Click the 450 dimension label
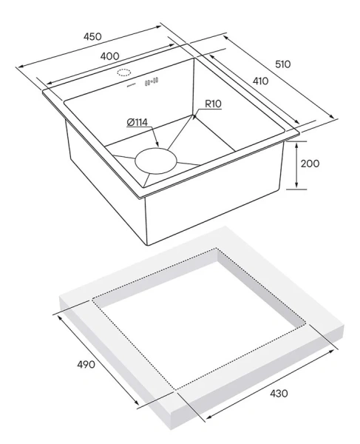[92, 37]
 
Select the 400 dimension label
[109, 56]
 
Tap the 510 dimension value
[283, 64]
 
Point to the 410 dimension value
[260, 81]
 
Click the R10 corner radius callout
[213, 104]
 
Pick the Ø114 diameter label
[137, 123]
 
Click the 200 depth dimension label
[310, 164]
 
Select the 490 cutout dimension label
[86, 364]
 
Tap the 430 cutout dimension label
[279, 394]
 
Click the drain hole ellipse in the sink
[156, 161]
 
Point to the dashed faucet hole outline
[124, 73]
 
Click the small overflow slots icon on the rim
[152, 81]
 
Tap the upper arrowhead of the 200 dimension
[296, 146]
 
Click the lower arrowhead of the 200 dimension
[296, 184]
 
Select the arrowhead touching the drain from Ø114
[157, 144]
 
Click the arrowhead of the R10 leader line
[194, 117]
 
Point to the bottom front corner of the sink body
[148, 245]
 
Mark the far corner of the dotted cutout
[217, 249]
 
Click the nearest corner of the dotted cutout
[175, 390]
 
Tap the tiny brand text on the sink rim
[131, 84]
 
